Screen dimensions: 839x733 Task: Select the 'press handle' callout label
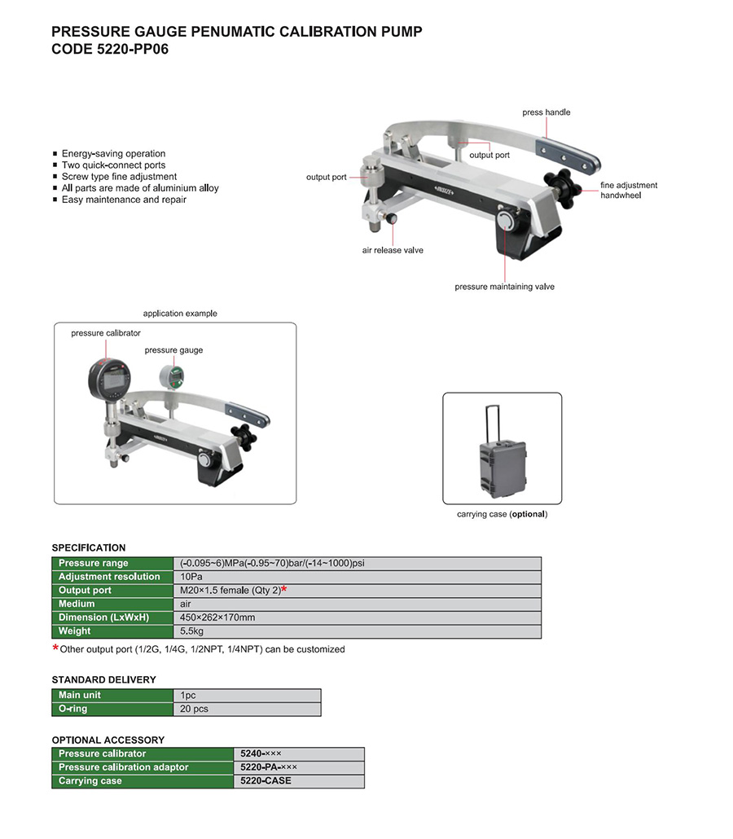(546, 112)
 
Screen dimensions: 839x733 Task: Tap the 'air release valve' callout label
(393, 250)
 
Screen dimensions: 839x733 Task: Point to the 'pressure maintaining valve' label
(504, 287)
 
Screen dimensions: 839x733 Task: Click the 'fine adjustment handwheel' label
(629, 191)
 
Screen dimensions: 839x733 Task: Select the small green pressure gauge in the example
(173, 376)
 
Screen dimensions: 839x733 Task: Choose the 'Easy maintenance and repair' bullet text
(124, 200)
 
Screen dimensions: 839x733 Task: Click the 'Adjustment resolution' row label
(109, 577)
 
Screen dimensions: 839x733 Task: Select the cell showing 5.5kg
(192, 631)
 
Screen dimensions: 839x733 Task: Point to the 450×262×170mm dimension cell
(217, 617)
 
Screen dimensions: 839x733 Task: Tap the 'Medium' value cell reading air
(186, 604)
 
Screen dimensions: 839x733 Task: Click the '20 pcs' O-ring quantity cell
(195, 709)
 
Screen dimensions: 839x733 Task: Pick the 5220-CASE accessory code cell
(266, 781)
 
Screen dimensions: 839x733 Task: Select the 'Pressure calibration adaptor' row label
(123, 767)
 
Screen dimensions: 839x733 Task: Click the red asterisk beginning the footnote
(55, 648)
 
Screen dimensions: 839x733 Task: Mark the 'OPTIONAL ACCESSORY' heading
(108, 740)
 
